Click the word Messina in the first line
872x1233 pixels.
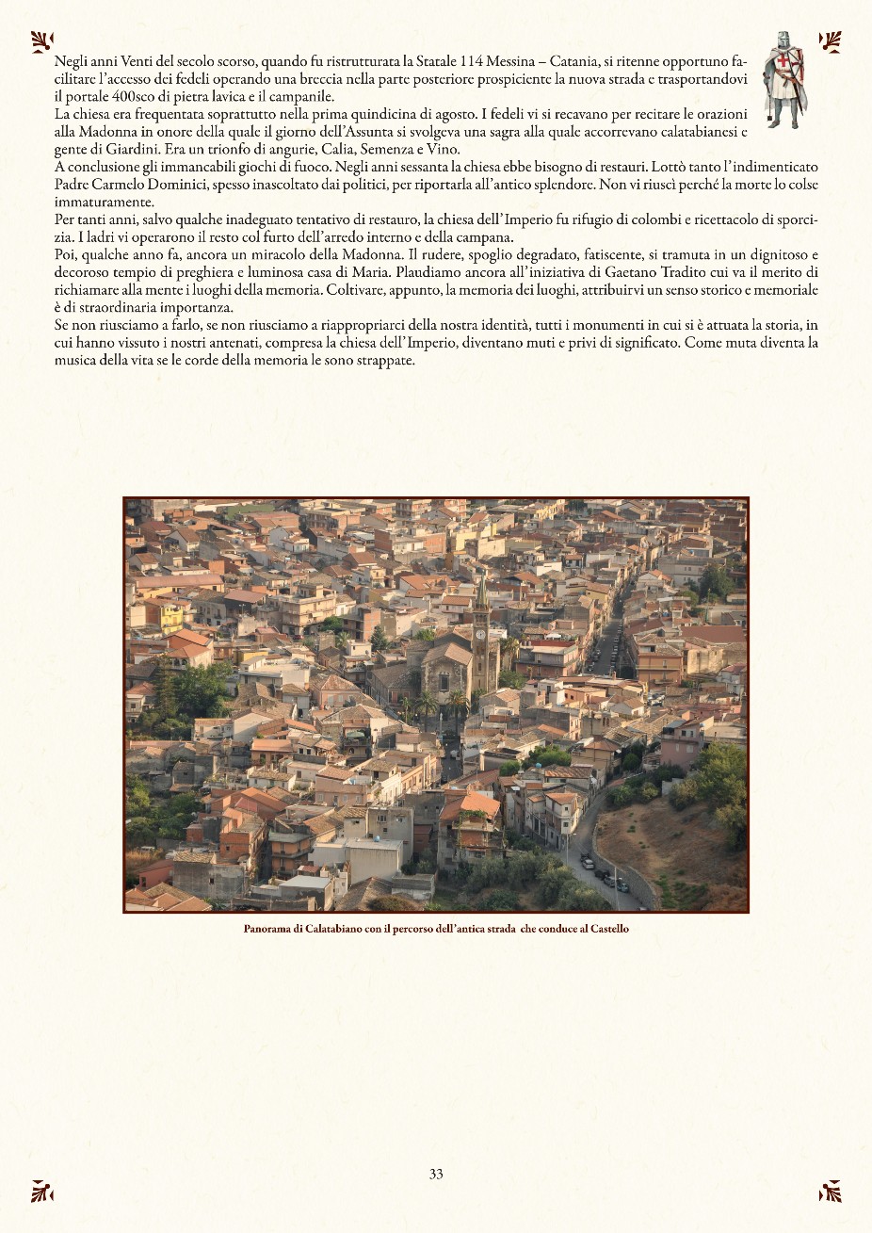point(511,63)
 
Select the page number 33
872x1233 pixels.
point(436,1174)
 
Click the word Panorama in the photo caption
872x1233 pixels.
point(266,929)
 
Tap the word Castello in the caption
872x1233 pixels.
point(609,929)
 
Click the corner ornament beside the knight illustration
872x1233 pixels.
point(830,41)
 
